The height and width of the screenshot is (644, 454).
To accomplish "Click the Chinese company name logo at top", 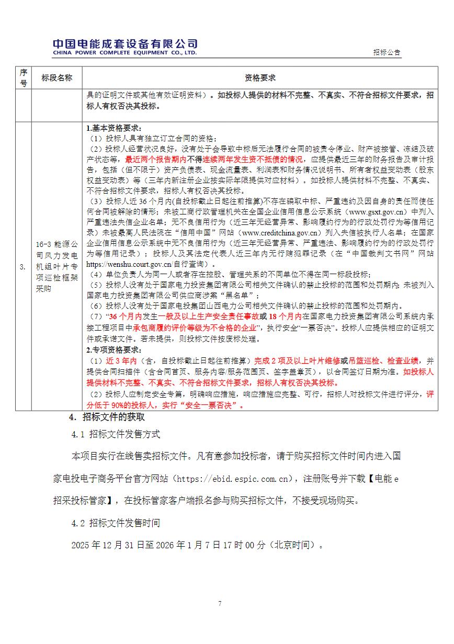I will (125, 43).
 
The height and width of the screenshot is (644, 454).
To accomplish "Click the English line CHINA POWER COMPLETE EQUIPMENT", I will (125, 53).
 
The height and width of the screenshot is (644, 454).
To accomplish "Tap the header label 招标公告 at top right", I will (387, 52).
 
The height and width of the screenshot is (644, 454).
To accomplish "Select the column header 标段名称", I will (57, 77).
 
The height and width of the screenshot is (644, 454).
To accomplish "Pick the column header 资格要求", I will (260, 77).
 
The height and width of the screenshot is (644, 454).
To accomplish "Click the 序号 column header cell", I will (23, 77).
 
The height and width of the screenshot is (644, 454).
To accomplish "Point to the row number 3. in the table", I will (23, 267).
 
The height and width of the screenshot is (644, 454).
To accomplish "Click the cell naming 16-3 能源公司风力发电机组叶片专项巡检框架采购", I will (57, 266).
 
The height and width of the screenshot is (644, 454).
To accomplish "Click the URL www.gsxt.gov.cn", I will (374, 212).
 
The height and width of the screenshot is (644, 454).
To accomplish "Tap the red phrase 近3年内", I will (121, 361).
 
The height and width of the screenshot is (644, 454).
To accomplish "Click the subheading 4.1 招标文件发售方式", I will (116, 435).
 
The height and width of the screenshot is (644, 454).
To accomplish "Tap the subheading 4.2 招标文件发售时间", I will (116, 523).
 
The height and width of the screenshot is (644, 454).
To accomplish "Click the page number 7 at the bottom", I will (220, 603).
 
